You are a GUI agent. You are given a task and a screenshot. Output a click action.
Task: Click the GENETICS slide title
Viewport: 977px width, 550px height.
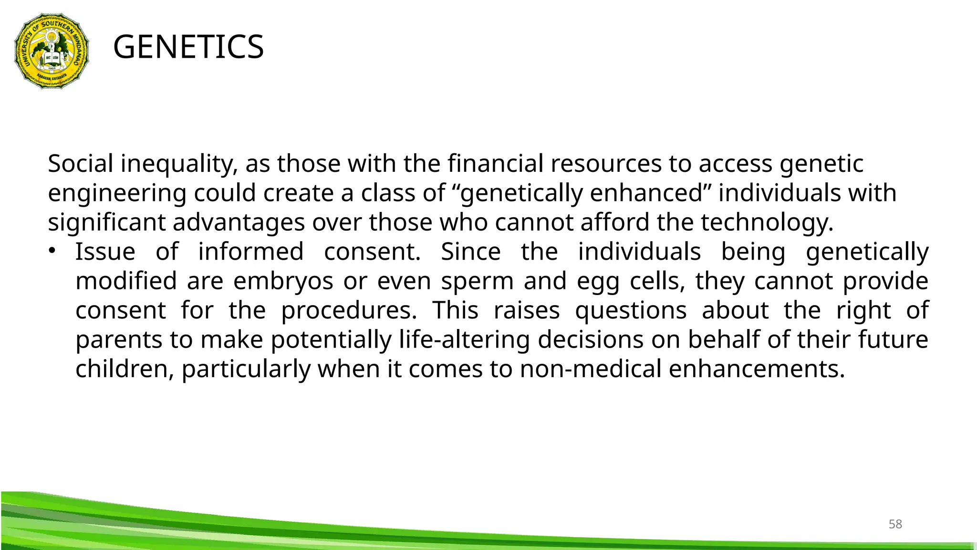(188, 47)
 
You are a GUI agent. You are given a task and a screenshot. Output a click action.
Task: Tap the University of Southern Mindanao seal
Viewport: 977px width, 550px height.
(52, 51)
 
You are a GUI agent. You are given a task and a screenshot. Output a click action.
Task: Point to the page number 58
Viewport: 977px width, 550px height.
(895, 524)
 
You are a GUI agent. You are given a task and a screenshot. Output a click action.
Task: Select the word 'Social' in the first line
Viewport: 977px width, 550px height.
(81, 164)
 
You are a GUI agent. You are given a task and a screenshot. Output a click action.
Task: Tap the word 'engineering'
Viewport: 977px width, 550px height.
(117, 194)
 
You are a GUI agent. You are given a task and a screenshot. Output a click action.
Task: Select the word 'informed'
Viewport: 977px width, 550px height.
(250, 252)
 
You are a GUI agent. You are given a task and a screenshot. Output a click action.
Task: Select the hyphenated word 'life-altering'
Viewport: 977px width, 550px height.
(464, 340)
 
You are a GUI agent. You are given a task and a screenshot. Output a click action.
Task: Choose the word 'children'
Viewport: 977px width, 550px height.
(125, 370)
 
